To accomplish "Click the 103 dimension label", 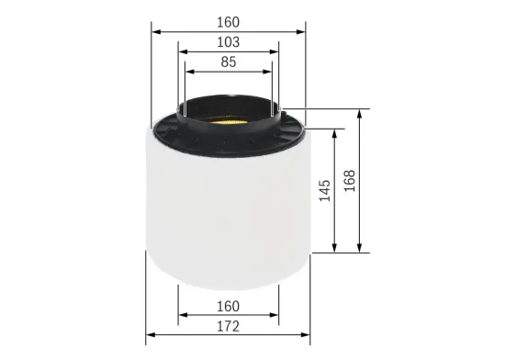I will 228,42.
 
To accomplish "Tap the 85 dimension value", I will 228,63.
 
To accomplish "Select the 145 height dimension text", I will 324,192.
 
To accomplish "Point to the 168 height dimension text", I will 349,180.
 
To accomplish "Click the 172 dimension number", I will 228,328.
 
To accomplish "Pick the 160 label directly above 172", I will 228,306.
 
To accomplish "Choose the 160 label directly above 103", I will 228,21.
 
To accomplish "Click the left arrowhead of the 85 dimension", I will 189,73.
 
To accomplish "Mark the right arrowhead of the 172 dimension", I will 306,337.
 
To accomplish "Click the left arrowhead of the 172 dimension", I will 151,337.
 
